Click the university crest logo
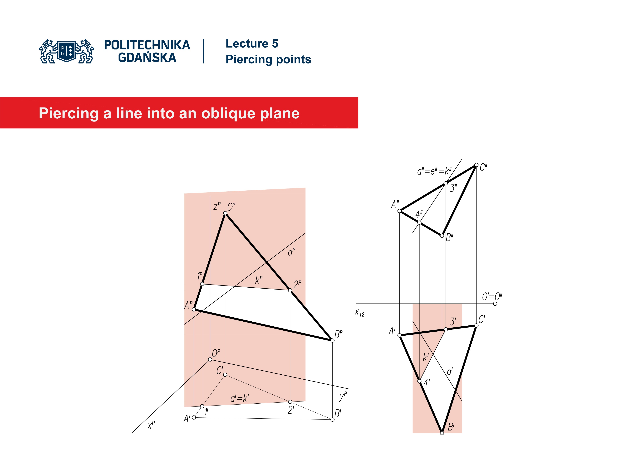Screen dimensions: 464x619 click(x=67, y=51)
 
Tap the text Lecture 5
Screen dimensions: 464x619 click(x=252, y=44)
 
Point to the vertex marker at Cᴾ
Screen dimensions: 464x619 click(x=225, y=213)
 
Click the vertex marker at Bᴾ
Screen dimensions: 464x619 click(x=332, y=340)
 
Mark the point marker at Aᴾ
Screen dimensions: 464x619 click(x=194, y=309)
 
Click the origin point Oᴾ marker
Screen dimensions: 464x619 click(x=210, y=359)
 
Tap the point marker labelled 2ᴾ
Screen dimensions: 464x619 click(x=290, y=290)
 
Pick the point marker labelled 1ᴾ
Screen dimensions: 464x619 click(x=202, y=284)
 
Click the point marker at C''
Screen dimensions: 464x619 click(x=476, y=165)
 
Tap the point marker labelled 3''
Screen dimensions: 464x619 click(x=446, y=183)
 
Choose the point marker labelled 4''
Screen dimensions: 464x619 click(x=419, y=223)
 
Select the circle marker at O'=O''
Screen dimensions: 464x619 click(x=495, y=304)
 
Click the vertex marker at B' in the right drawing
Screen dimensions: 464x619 click(x=442, y=433)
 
